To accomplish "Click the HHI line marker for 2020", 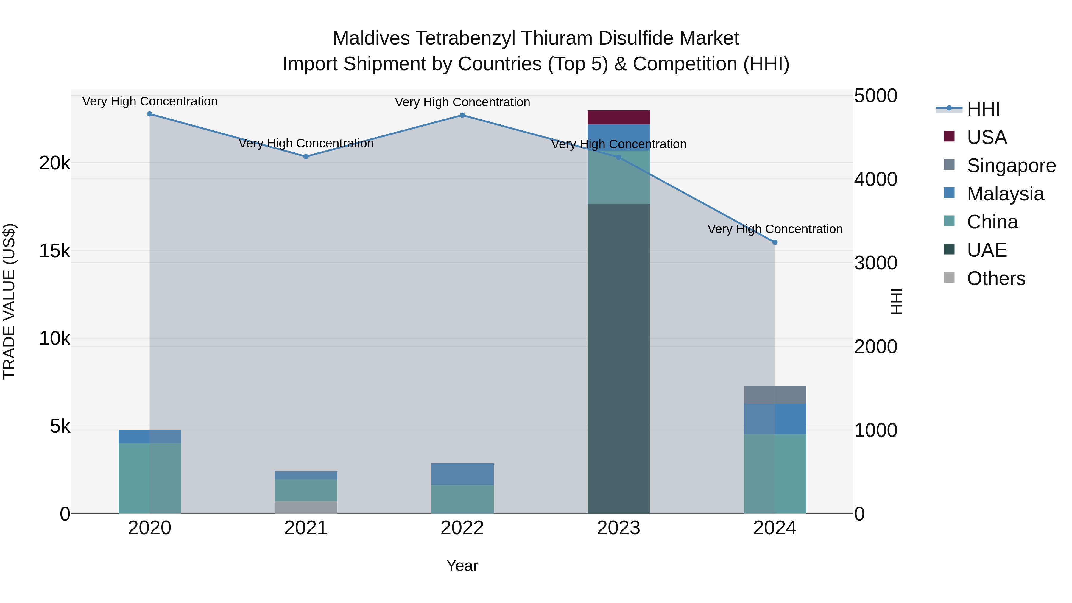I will point(149,114).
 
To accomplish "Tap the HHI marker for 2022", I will point(462,115).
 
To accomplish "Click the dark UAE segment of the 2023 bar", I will point(618,358).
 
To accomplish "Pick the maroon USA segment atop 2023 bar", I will point(618,117).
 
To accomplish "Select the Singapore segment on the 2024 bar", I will point(775,395).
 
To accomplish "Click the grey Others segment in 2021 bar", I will point(306,507).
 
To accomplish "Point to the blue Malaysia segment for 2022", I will point(462,474).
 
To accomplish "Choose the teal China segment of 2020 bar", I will point(149,478).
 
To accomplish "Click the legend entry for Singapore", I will point(1011,166).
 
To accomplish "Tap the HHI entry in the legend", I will point(983,109).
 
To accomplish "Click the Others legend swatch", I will point(949,278).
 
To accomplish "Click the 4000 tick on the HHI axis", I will point(875,179).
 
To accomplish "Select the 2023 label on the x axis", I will point(618,528).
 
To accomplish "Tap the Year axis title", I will point(462,565).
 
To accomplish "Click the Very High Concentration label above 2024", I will point(775,229).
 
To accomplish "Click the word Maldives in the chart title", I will point(371,38).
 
